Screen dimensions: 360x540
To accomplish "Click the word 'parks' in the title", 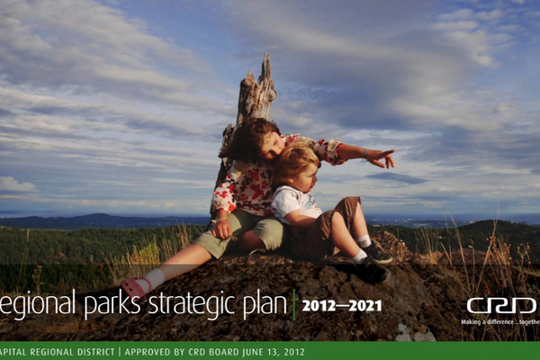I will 110,305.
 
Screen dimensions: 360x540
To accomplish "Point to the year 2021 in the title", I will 364,306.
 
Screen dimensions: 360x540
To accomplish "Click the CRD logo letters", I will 500,305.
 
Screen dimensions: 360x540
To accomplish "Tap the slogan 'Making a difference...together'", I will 499,321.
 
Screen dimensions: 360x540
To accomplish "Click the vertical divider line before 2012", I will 294,305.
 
